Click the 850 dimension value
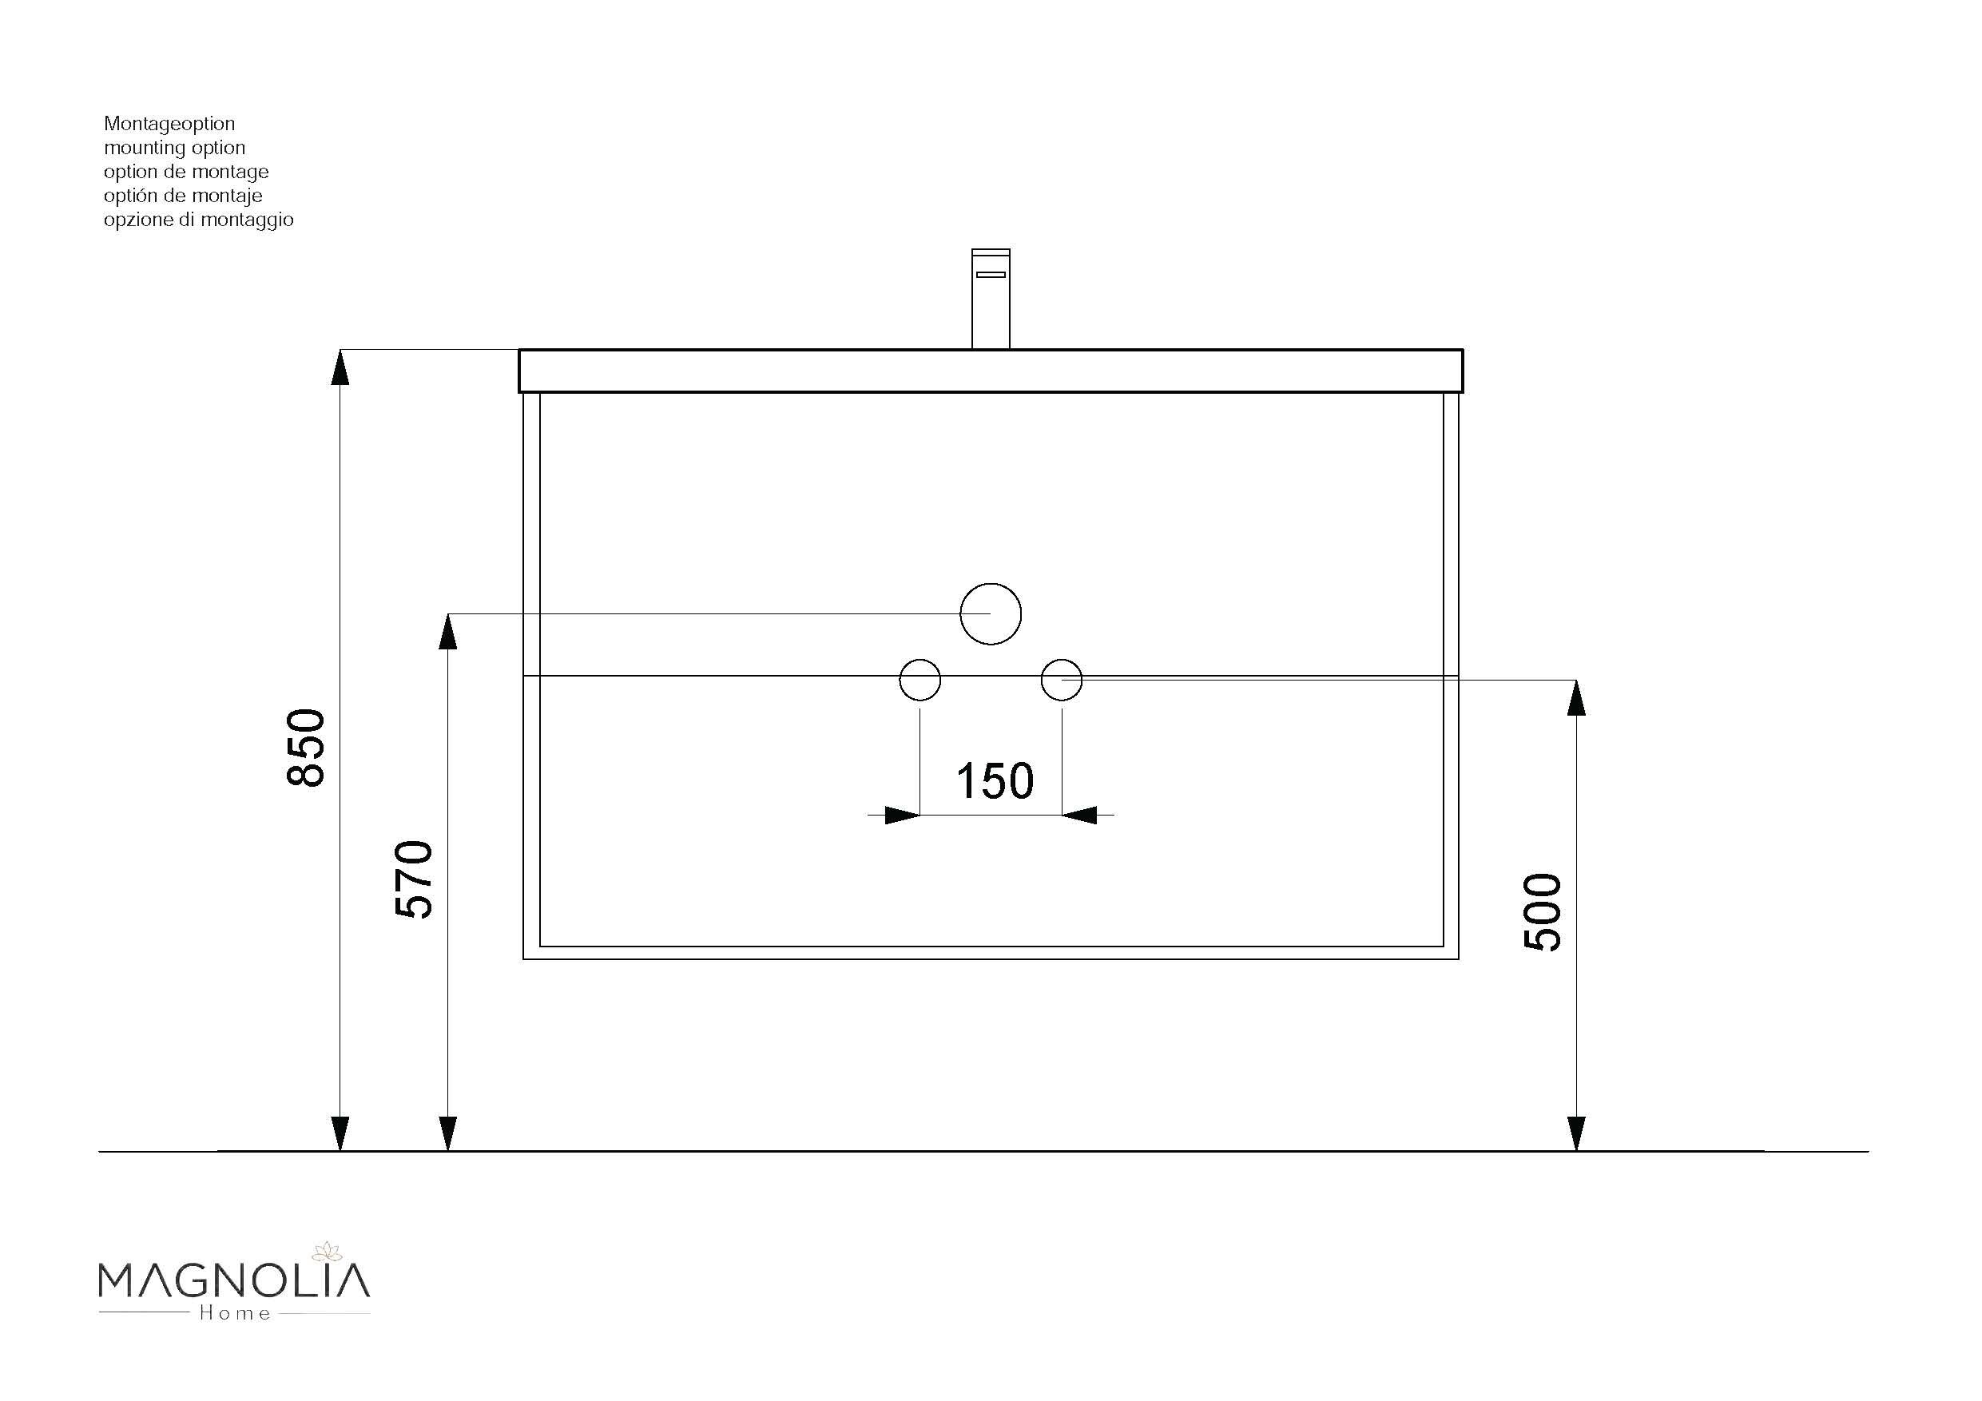306,748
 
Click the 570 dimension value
414,879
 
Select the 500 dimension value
1543,912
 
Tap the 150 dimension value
995,781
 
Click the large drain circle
990,613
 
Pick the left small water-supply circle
920,681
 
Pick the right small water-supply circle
1061,681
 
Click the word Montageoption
169,124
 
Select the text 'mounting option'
174,148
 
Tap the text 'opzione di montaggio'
199,220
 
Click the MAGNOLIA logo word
234,1280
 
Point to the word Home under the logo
235,1313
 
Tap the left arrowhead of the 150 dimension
901,815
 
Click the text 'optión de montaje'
183,196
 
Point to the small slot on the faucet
990,275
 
